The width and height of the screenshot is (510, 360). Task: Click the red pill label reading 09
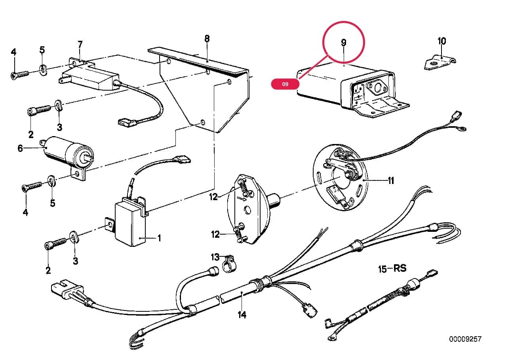coord(285,84)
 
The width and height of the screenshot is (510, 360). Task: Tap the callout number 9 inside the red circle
coord(344,42)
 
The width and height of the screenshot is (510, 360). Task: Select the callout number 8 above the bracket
coord(207,39)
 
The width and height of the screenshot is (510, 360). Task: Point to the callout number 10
coord(442,41)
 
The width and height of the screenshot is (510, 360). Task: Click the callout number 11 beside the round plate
coord(391,180)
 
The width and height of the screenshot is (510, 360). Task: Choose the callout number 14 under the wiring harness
coord(242,315)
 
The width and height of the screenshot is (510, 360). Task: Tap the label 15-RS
coord(392,269)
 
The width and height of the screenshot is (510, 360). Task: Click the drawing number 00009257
coord(465,339)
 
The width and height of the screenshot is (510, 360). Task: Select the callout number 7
coord(80,45)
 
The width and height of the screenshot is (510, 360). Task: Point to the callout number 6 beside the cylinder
coord(20,148)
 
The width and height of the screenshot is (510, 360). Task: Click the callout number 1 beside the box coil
coord(159,238)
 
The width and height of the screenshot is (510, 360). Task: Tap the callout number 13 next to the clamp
coord(215,257)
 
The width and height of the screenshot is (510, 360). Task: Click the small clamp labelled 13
coord(229,264)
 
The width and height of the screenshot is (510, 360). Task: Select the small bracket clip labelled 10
coord(440,63)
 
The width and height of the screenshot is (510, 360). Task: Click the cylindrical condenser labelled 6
coord(68,152)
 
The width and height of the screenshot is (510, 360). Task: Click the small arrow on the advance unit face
coord(242,199)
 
